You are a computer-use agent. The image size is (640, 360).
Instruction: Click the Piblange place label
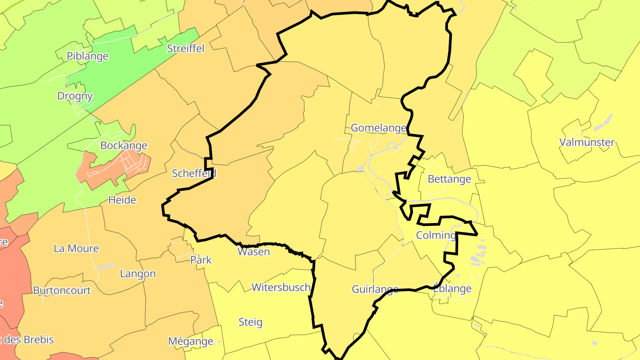click(88, 56)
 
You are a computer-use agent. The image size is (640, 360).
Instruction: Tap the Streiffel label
click(185, 48)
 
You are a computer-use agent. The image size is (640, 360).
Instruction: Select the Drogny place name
click(75, 96)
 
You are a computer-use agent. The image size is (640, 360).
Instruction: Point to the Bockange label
click(124, 145)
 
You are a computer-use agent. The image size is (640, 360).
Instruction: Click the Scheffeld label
click(194, 173)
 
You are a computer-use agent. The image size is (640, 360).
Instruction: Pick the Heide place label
click(122, 200)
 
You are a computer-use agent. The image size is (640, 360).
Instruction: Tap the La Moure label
click(76, 248)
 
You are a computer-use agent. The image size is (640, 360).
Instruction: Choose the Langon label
click(138, 274)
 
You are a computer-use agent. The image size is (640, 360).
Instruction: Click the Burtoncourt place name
click(62, 291)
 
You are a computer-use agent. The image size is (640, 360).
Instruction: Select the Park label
click(201, 260)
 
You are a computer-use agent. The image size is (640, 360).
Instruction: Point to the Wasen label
click(254, 252)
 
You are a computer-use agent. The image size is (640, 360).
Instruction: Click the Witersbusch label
click(281, 288)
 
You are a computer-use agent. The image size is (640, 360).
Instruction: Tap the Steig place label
click(251, 322)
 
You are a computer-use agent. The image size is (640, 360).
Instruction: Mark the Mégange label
click(191, 341)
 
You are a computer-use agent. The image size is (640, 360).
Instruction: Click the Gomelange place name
click(378, 128)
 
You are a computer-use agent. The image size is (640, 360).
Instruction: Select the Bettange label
click(449, 179)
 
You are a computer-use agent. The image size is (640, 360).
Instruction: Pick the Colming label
click(436, 235)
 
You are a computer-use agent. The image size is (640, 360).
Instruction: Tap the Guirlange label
click(375, 290)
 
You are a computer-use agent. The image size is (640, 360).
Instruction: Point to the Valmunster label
click(587, 143)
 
